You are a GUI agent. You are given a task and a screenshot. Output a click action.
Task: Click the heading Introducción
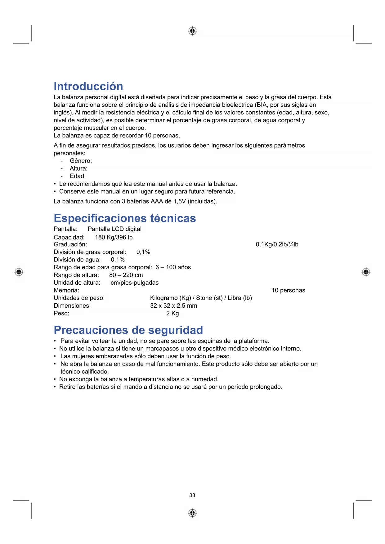coord(88,86)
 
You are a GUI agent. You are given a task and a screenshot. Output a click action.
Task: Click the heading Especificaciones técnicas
coord(125,218)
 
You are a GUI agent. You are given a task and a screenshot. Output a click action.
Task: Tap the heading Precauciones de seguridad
coord(128,330)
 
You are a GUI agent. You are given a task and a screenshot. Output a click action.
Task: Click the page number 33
coord(192,495)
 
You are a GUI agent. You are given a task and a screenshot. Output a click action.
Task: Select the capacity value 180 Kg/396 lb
coord(114,237)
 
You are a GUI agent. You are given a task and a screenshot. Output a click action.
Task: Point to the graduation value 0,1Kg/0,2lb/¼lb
coord(277,244)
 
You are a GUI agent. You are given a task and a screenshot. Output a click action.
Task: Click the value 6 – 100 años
coord(173,267)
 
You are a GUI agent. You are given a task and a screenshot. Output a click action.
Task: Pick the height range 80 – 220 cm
coord(126,275)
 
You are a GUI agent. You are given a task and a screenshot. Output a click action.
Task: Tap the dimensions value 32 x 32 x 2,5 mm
coord(173,306)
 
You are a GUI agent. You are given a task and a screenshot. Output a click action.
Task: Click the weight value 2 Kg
coord(172,313)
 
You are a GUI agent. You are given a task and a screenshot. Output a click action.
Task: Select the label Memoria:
coord(66,290)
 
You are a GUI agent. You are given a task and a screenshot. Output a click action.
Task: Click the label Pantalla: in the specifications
coord(65,229)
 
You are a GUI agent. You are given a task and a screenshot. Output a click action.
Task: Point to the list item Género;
coord(81,161)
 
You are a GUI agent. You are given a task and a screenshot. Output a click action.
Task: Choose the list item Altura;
coord(78,168)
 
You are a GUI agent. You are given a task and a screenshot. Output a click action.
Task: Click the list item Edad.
coord(78,176)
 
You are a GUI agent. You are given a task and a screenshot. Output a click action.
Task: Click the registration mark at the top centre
coord(192,31)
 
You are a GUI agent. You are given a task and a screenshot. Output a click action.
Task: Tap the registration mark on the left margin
coord(19,272)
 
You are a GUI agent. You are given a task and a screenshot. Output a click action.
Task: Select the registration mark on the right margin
coord(366,272)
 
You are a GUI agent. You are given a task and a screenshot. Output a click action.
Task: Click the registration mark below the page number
coord(192,513)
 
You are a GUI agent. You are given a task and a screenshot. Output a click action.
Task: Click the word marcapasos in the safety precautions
coord(163,349)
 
